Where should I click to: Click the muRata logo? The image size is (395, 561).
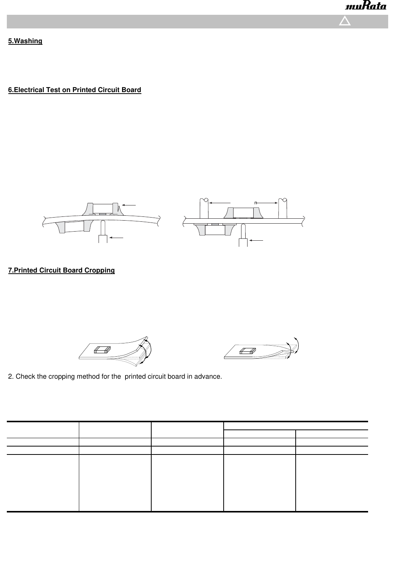coord(365,7)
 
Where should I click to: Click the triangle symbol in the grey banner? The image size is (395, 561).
coord(345,21)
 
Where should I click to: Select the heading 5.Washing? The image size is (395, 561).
coord(25,41)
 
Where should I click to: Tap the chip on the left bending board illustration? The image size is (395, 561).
coord(102,349)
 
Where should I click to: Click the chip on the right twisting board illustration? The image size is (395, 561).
coord(247,351)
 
